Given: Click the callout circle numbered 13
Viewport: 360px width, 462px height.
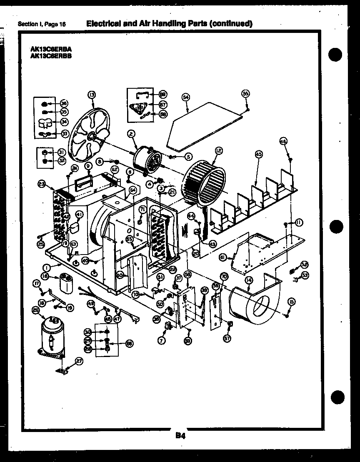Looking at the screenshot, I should click(92, 95).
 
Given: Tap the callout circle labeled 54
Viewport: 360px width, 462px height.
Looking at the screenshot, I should click(186, 97).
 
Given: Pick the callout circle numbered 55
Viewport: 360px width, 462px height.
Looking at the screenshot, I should click(245, 94).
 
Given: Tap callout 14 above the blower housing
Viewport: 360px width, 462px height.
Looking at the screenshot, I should click(249, 280).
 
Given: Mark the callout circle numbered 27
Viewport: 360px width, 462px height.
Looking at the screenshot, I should click(79, 362).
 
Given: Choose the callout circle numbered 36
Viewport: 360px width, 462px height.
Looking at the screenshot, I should click(64, 104).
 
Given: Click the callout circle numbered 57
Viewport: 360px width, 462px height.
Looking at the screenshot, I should click(227, 338).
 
